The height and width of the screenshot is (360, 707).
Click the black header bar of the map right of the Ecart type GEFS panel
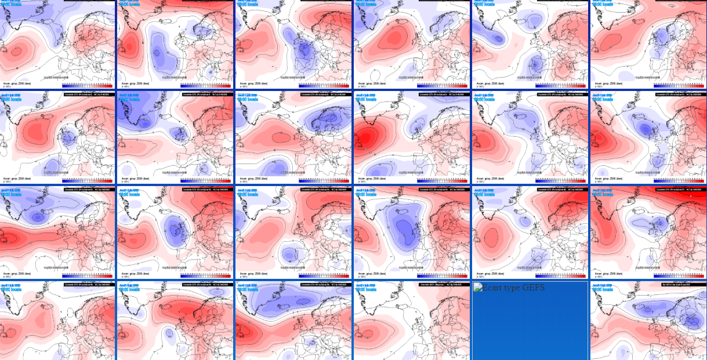pyautogui.click(x=675, y=285)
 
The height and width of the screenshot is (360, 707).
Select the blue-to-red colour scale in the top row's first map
pyautogui.click(x=88, y=85)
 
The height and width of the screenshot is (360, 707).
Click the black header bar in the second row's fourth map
pyautogui.click(x=441, y=94)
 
